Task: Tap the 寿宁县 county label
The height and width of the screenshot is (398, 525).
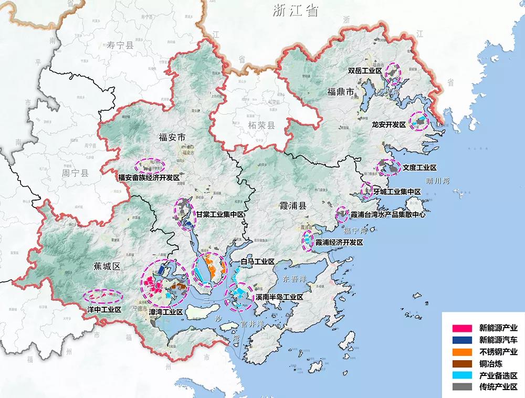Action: [x=120, y=46]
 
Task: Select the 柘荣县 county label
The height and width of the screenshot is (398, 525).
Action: [x=261, y=125]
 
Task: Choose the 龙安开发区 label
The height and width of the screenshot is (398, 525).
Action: [x=389, y=125]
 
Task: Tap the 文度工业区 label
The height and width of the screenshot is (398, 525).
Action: [x=420, y=167]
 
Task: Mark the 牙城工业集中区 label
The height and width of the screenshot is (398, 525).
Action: [x=397, y=192]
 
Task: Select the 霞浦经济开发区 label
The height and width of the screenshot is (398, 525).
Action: [x=339, y=243]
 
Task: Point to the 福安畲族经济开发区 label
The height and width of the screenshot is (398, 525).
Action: [x=149, y=178]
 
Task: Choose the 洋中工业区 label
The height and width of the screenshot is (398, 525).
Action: [x=104, y=310]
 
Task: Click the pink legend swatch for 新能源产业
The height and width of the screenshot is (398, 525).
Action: [x=460, y=328]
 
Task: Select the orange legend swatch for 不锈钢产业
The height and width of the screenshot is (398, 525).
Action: [x=460, y=352]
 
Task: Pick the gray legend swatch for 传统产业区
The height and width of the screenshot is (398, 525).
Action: [x=460, y=387]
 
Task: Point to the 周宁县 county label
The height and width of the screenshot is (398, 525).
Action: [x=75, y=172]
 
